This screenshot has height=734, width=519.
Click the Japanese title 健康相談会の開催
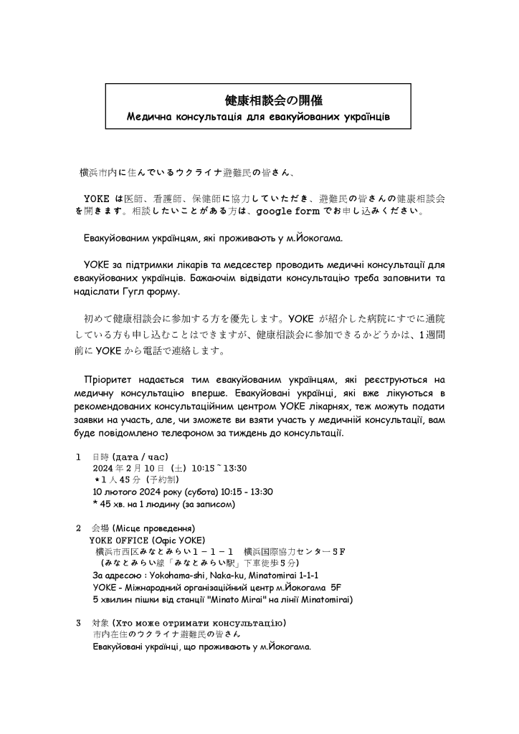pyautogui.click(x=259, y=101)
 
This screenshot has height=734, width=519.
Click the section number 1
pyautogui.click(x=78, y=457)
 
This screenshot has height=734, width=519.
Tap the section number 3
pyautogui.click(x=78, y=621)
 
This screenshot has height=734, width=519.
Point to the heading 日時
pyautogui.click(x=101, y=457)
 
